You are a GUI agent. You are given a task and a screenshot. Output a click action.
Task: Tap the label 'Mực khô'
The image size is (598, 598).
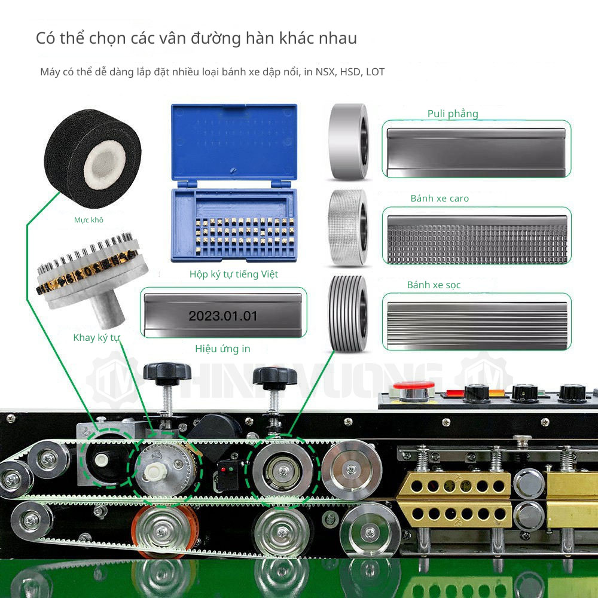point(89,220)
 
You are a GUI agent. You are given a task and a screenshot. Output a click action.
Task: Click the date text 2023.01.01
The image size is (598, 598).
point(223,316)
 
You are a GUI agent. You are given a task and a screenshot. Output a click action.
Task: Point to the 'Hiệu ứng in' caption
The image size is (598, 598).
point(222,349)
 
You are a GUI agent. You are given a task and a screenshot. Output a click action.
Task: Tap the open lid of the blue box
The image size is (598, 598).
point(234,141)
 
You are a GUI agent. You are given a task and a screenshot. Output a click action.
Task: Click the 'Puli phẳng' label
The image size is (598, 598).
point(453,114)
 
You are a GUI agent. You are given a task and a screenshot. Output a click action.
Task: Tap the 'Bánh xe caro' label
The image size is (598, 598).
point(440,199)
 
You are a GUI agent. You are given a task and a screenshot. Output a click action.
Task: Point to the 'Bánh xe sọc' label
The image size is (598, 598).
point(434,285)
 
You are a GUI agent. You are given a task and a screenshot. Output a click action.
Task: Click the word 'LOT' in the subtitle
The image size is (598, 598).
point(375,72)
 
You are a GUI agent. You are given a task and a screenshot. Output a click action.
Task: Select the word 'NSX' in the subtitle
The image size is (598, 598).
point(326,72)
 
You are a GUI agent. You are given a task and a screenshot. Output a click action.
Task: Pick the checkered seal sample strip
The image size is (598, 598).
point(477,239)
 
